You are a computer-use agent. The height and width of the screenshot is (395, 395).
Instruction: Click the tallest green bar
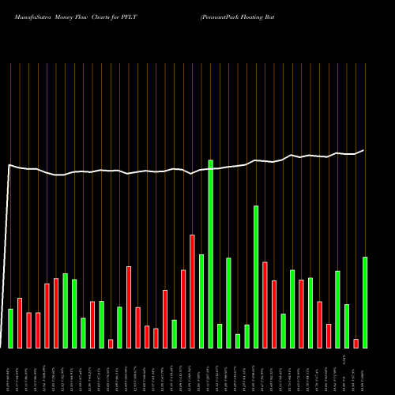pos(210,253)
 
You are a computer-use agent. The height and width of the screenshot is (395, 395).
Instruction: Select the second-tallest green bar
pos(256,276)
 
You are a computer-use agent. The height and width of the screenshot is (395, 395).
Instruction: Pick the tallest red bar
pos(192,291)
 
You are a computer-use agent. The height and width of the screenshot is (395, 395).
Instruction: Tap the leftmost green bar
pos(10,328)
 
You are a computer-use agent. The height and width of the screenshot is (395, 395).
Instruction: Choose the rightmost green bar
pos(365,302)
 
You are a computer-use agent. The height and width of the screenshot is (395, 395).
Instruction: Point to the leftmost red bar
pos(20,322)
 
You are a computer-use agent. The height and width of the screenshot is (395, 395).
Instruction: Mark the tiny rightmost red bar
pos(356,343)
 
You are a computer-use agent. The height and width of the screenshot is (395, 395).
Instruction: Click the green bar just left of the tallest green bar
pos(201,300)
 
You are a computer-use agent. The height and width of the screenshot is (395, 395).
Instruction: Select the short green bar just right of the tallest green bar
pos(220,336)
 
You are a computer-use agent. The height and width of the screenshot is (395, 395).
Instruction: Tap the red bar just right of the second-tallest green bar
pos(265,304)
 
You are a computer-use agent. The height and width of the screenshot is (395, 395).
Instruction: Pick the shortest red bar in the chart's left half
pos(111,343)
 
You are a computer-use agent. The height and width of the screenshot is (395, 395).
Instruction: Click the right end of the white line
pos(363,150)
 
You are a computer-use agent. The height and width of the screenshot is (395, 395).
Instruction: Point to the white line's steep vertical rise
pos(7,253)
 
